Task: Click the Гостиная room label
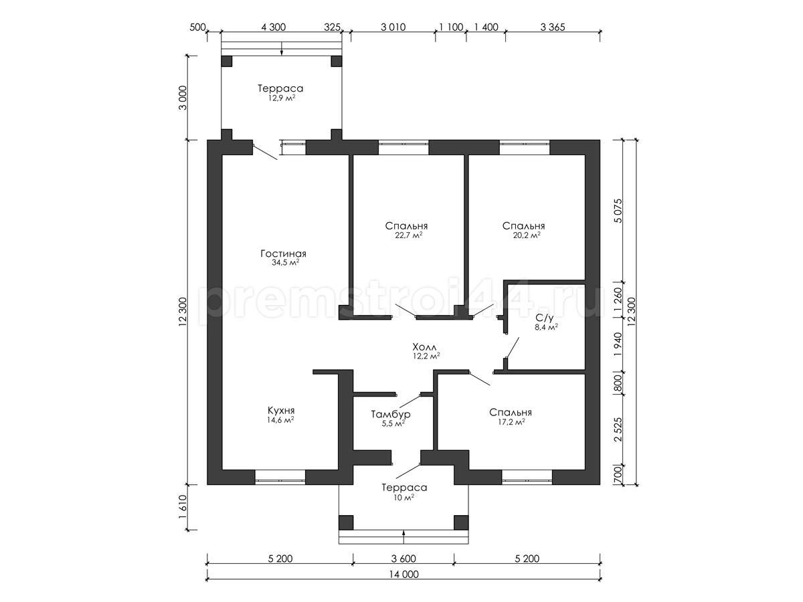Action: (283, 254)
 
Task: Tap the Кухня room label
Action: (281, 410)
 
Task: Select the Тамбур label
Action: (391, 415)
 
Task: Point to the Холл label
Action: (424, 346)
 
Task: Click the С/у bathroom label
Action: (544, 318)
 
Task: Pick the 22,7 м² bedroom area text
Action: (409, 235)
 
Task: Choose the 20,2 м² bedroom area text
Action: (527, 235)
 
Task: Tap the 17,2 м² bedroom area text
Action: (511, 422)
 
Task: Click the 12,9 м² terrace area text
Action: (281, 98)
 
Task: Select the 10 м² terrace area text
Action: (404, 498)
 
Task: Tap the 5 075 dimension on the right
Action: (618, 211)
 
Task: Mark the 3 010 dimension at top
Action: (393, 27)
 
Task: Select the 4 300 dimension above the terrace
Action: (273, 27)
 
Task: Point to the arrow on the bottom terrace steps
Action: (404, 542)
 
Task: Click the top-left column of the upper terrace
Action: (226, 61)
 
